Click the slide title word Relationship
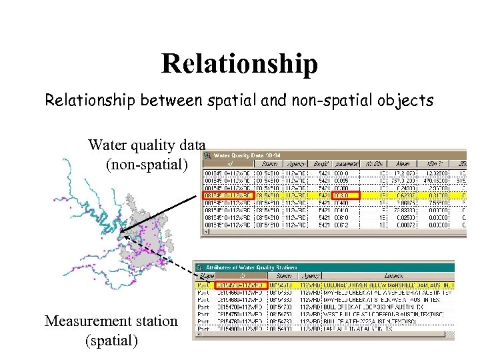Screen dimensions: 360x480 (x=239, y=64)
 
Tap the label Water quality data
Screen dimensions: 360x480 (x=147, y=145)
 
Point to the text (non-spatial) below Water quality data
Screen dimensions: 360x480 (x=147, y=163)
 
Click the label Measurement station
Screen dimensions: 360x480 (x=111, y=321)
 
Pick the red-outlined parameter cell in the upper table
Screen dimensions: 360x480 (x=345, y=196)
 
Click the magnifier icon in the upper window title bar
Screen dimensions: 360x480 (x=207, y=155)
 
